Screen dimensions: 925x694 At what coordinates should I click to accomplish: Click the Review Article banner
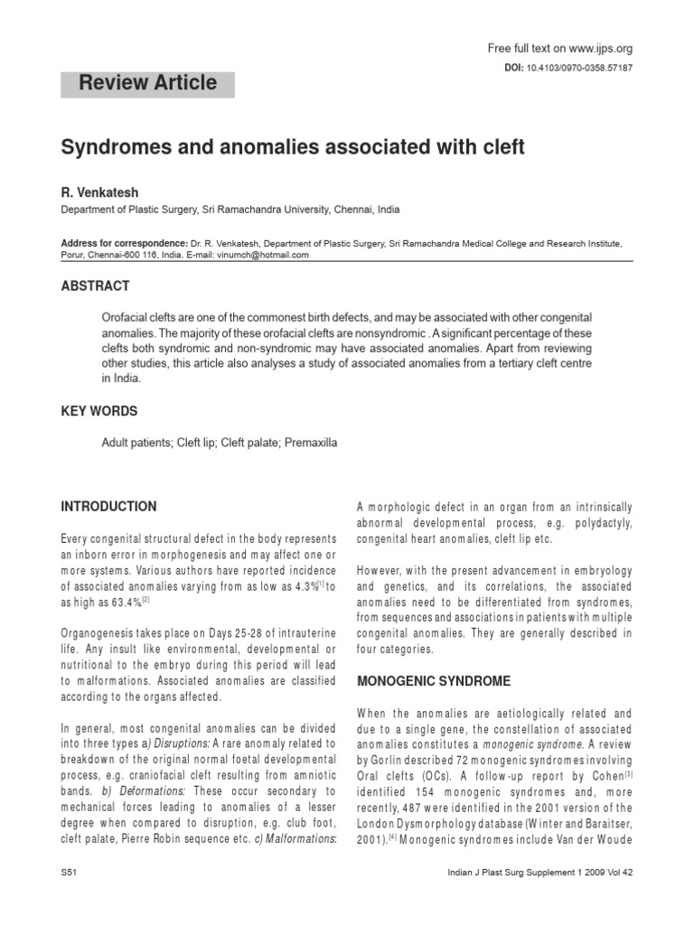click(x=147, y=83)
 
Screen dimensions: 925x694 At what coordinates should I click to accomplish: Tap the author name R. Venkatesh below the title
click(x=99, y=192)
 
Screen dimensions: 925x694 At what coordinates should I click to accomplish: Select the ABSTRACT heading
click(x=95, y=286)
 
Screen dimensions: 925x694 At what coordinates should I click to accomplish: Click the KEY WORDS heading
click(x=98, y=411)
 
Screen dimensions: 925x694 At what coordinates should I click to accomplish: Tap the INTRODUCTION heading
click(x=108, y=507)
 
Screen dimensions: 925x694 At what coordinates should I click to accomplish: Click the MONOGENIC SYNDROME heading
click(x=434, y=680)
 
